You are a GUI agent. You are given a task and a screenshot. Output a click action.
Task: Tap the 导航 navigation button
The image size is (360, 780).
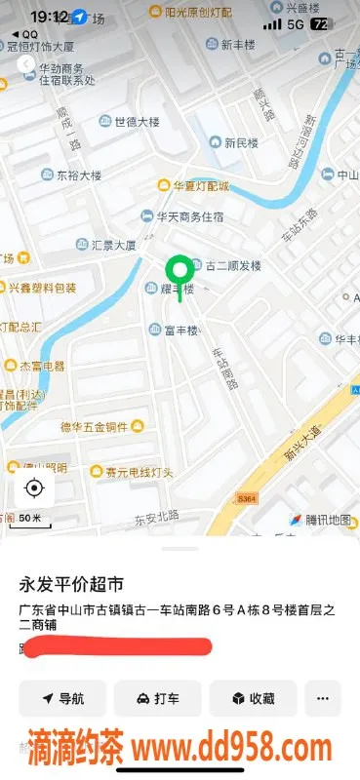point(63,698)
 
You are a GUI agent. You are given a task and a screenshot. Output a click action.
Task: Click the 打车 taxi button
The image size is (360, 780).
point(157,698)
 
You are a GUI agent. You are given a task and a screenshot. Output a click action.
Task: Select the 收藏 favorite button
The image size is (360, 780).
point(253,698)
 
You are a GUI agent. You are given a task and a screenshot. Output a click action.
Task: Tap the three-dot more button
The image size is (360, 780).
point(323,698)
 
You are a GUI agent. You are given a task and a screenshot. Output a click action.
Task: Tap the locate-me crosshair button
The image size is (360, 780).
point(34,487)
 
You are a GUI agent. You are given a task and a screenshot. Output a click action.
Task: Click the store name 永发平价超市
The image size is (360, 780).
point(72,585)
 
